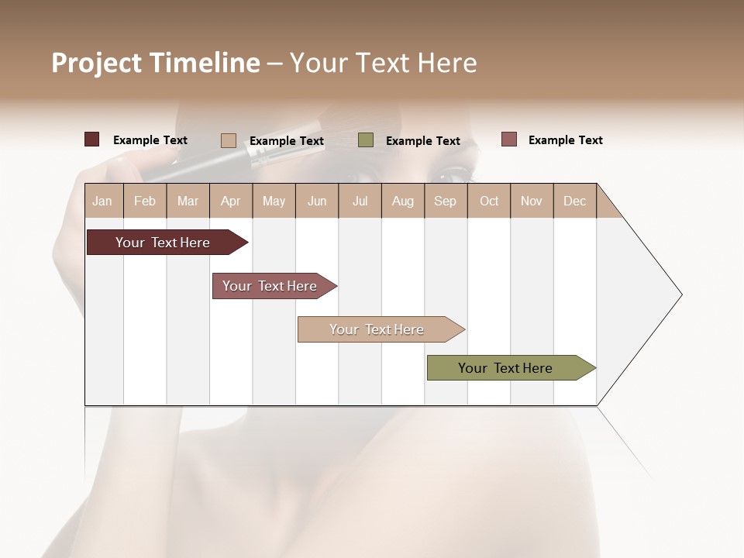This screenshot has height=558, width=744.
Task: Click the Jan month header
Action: [102, 201]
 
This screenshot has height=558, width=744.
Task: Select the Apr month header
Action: [230, 201]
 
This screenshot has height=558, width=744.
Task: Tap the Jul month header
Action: [360, 201]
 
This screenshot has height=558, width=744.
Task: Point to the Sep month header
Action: [445, 201]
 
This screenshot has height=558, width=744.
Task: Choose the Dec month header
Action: [574, 201]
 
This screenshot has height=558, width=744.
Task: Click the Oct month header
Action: [489, 201]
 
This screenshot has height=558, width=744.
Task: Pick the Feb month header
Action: [145, 201]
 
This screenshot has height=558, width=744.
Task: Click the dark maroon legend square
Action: [92, 139]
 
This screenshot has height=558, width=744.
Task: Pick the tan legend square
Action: [229, 140]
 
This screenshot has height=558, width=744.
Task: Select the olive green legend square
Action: [366, 139]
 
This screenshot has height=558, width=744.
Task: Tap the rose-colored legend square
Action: [508, 139]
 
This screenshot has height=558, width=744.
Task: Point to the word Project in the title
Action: [96, 63]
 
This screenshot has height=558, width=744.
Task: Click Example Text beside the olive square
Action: [422, 141]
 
